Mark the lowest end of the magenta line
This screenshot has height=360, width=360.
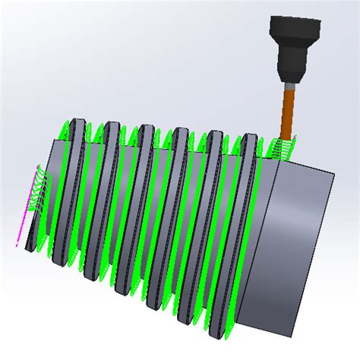click(18, 245)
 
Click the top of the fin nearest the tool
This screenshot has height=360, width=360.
click(249, 139)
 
